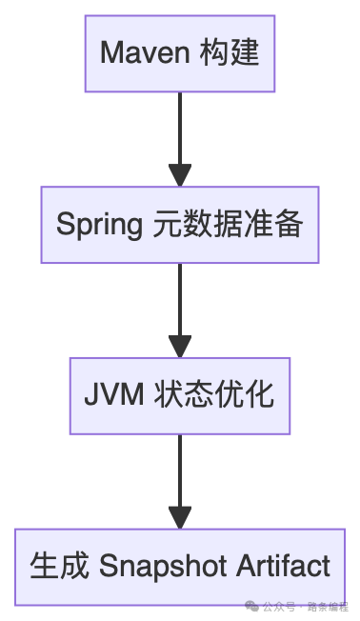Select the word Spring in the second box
(x=98, y=225)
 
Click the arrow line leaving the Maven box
(x=180, y=124)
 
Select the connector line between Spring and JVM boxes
(x=180, y=295)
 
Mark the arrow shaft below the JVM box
(x=180, y=467)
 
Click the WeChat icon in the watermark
(x=251, y=605)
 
